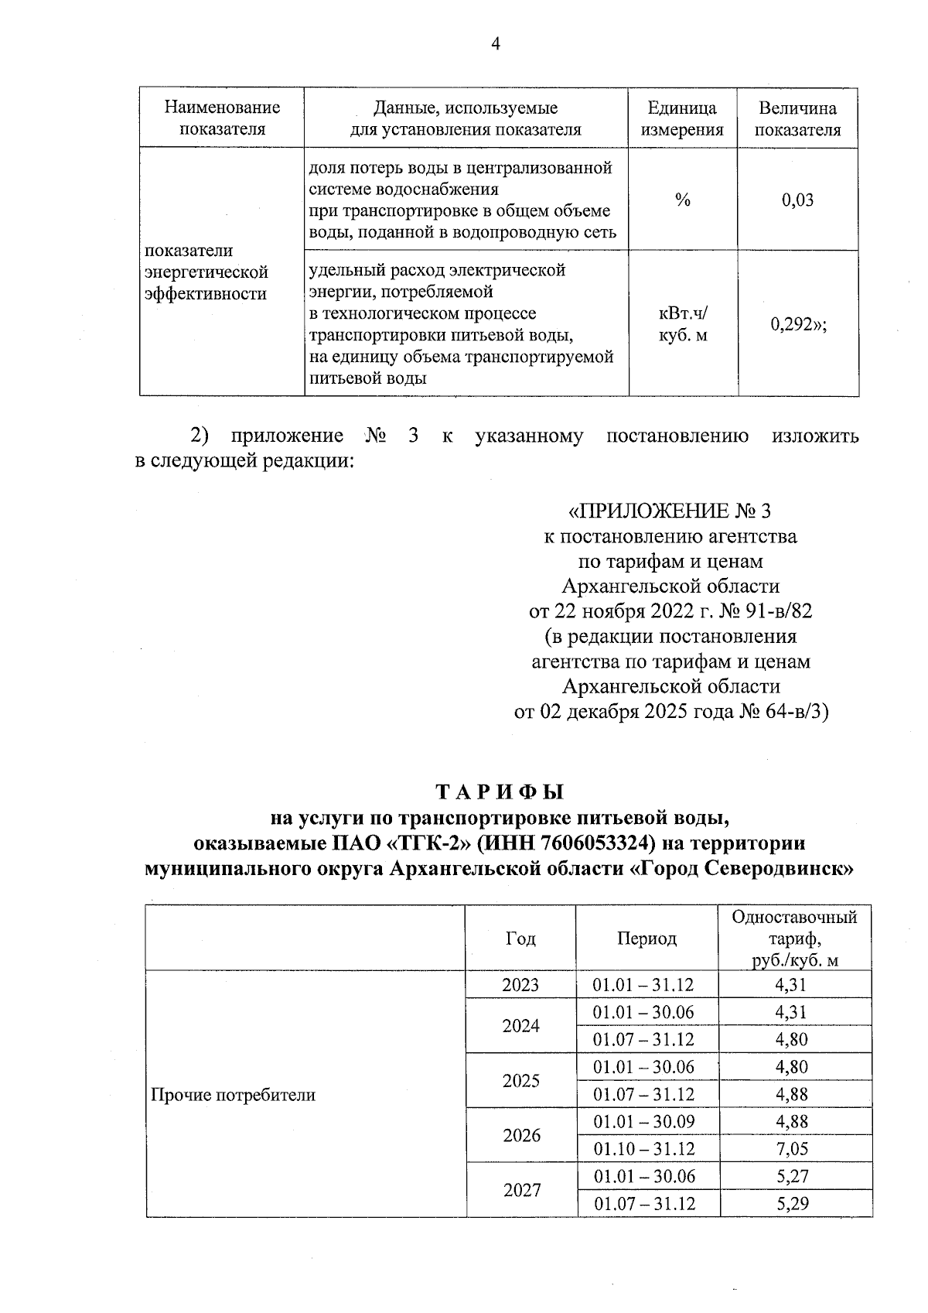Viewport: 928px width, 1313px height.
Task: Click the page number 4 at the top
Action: pyautogui.click(x=496, y=45)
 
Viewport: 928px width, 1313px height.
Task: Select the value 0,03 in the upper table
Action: pyautogui.click(x=797, y=200)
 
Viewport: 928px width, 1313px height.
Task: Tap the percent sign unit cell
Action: pyautogui.click(x=682, y=200)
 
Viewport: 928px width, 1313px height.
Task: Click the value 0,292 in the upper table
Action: pyautogui.click(x=797, y=325)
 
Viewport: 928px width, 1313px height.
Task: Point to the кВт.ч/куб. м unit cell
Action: pyautogui.click(x=683, y=325)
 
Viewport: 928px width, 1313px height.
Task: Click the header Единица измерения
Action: pyautogui.click(x=682, y=118)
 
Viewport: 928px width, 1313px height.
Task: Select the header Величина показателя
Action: pyautogui.click(x=797, y=118)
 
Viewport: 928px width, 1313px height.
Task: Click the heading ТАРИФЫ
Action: pyautogui.click(x=500, y=793)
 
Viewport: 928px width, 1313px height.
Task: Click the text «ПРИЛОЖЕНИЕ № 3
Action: pyautogui.click(x=670, y=511)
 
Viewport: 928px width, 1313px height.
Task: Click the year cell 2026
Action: pyautogui.click(x=521, y=1136)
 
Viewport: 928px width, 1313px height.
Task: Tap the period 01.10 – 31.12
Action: pyautogui.click(x=644, y=1149)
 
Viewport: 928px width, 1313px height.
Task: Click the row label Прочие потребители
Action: pyautogui.click(x=233, y=1095)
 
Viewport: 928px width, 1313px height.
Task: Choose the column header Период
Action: pyautogui.click(x=647, y=939)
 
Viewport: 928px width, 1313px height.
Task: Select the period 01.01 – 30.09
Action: pyautogui.click(x=644, y=1122)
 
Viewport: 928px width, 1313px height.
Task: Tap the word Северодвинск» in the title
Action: pyautogui.click(x=787, y=868)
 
